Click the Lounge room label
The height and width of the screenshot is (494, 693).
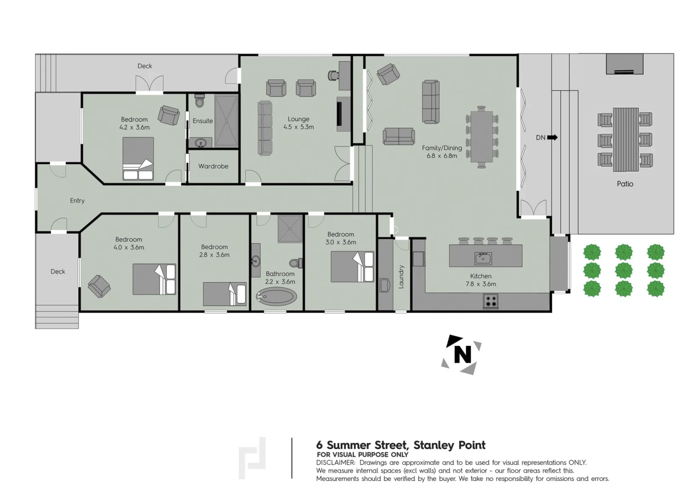pos(298,119)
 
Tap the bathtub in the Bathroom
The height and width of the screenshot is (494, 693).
pos(276,296)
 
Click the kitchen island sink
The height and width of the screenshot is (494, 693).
pos(483,259)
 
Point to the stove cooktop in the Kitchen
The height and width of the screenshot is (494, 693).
pos(490,301)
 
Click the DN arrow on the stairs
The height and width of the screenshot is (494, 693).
pos(552,137)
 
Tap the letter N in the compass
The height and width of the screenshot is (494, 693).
pos(462,354)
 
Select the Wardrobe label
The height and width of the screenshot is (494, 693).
pos(213,166)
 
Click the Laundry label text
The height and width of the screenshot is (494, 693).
pos(401,277)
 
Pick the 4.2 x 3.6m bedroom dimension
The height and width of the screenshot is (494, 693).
pos(134,127)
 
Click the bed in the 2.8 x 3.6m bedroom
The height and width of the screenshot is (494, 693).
pos(225,294)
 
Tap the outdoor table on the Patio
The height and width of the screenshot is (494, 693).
pos(626,139)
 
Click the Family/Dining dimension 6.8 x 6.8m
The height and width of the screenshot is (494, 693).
pos(442,156)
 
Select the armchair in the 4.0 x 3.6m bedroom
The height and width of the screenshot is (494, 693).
pos(99,286)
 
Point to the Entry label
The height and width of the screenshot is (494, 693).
pos(77,201)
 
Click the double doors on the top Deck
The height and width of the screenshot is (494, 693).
pos(149,84)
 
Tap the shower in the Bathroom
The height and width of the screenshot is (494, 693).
pos(290,229)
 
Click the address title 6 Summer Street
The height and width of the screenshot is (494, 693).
pos(401,445)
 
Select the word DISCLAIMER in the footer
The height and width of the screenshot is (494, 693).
pos(336,463)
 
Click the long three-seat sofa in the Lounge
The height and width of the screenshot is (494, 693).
pos(265,127)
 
